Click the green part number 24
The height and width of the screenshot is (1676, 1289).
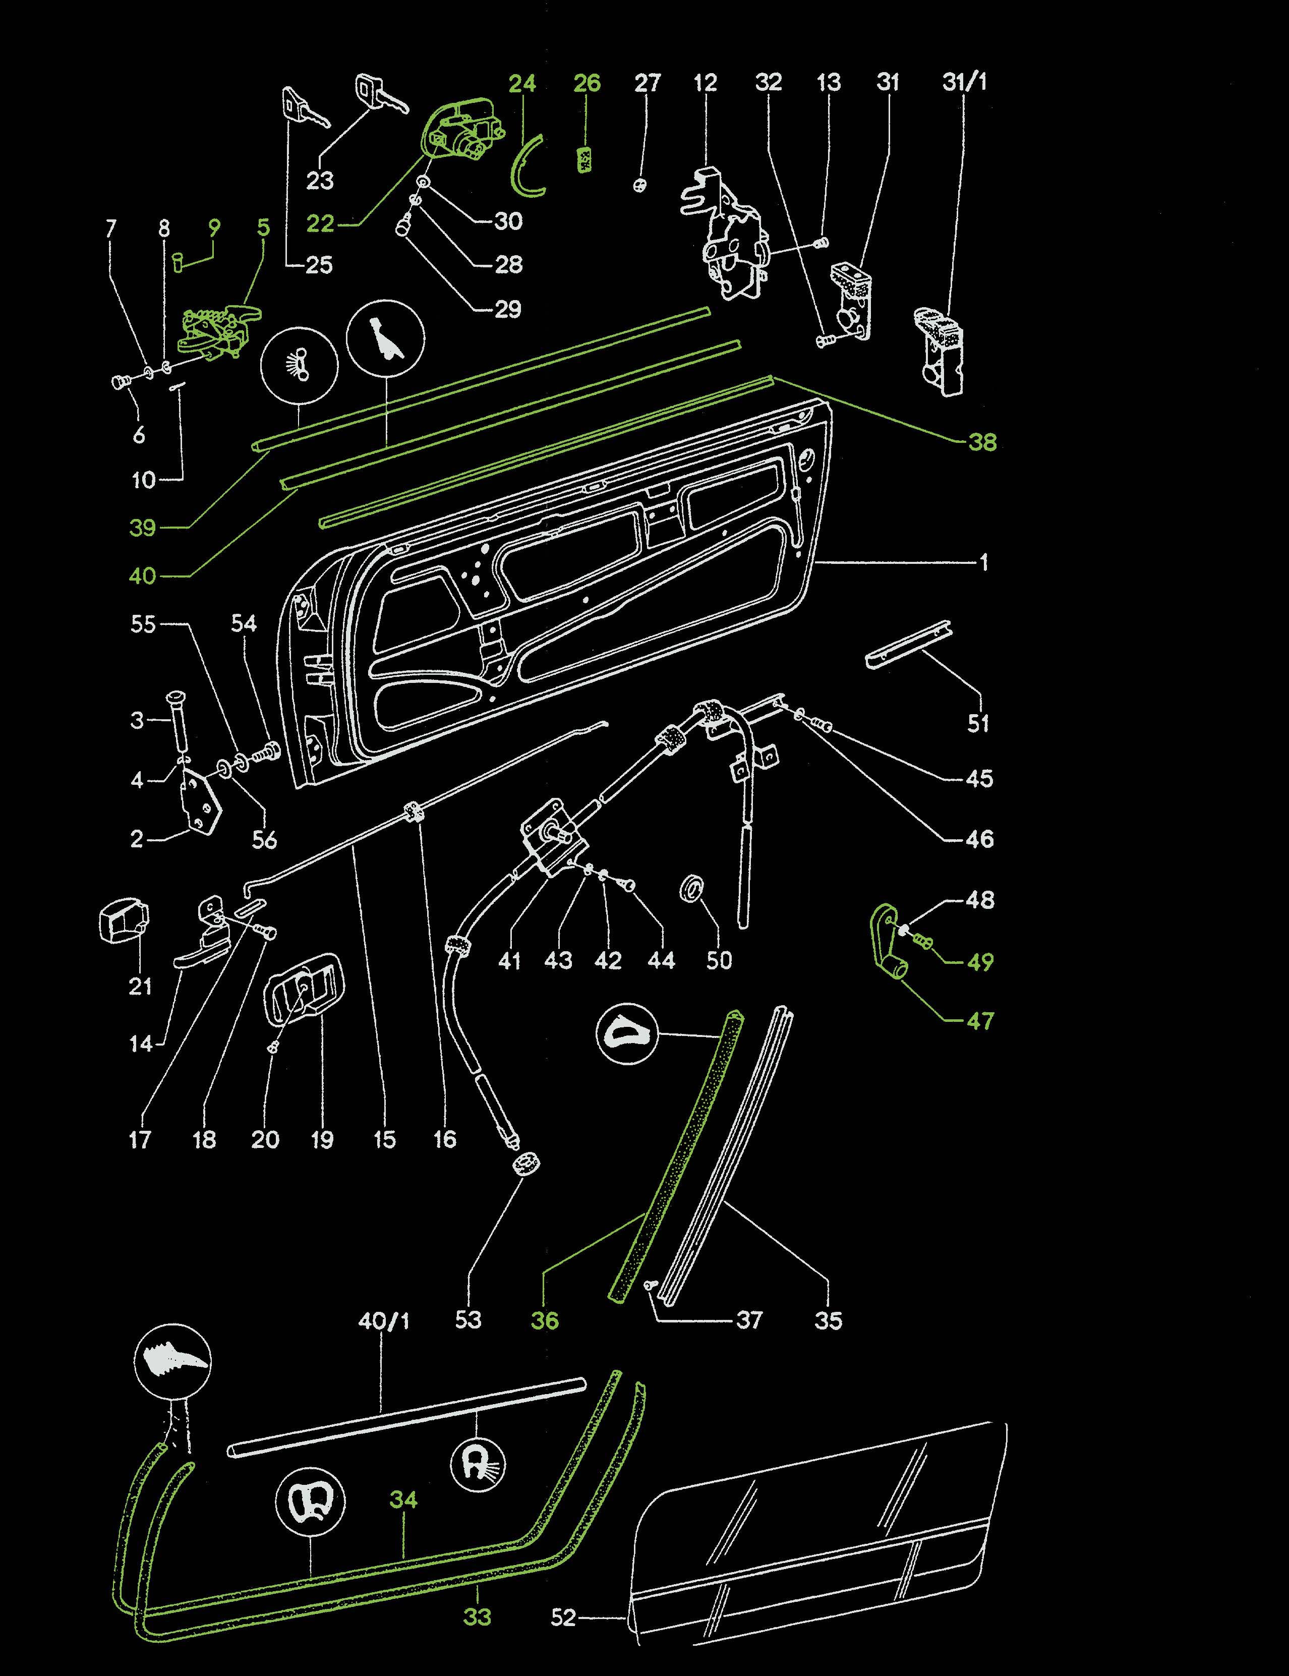click(x=522, y=83)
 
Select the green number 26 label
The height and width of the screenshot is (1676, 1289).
click(x=587, y=83)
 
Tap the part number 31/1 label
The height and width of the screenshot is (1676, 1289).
click(x=964, y=82)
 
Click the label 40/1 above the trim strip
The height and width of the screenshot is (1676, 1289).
click(x=384, y=1321)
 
